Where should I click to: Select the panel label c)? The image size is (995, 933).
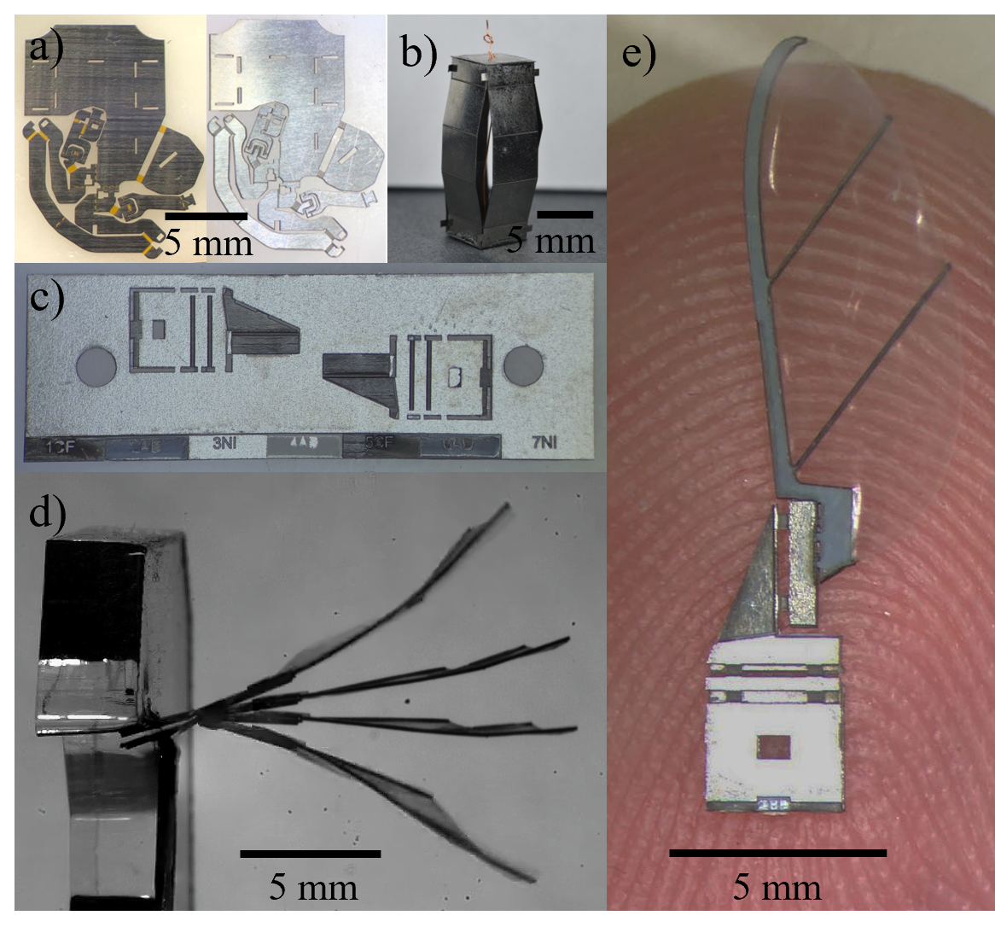point(49,300)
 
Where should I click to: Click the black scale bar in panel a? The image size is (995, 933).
point(206,214)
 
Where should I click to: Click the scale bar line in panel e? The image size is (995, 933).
point(777,852)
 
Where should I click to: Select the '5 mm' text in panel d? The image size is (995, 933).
point(313,888)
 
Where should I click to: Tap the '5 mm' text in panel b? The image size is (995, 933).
point(550,240)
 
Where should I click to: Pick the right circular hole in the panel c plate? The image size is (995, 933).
point(523,365)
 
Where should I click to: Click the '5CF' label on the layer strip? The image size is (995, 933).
point(379,445)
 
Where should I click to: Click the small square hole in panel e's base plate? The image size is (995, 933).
point(774,747)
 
